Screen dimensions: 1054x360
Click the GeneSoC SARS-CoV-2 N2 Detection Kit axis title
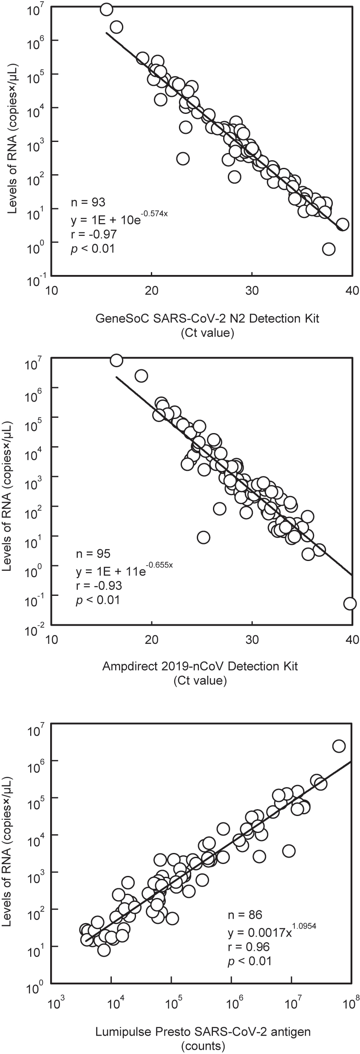(207, 318)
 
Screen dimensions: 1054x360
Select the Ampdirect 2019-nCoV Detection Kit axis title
(200, 666)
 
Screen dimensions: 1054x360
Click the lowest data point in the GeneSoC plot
(329, 249)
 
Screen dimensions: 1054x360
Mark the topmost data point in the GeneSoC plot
(106, 9)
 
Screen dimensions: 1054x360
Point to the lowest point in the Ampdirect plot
(350, 603)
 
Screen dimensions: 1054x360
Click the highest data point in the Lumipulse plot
(339, 746)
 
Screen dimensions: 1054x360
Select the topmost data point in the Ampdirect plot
(116, 360)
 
